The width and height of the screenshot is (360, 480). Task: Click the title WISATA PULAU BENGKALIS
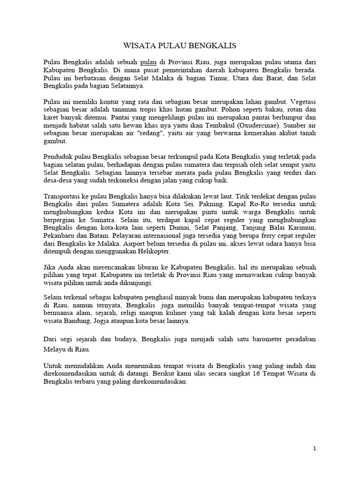click(x=180, y=46)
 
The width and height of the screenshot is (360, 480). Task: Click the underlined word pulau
click(x=148, y=61)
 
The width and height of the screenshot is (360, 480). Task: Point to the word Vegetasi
click(x=303, y=101)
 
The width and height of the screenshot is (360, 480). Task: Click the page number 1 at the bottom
click(x=315, y=449)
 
